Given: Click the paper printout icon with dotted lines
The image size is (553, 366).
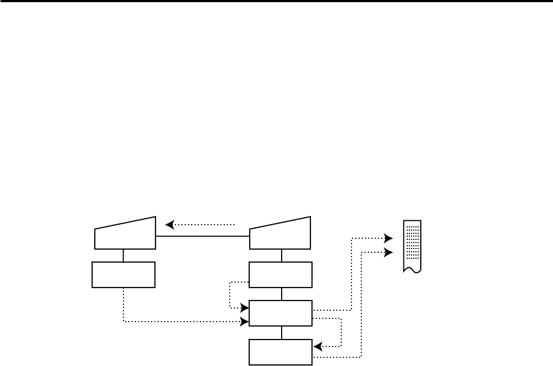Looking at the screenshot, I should (412, 246).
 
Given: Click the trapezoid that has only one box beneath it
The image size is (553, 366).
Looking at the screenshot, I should (125, 234).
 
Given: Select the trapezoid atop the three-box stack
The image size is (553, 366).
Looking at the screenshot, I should (280, 234).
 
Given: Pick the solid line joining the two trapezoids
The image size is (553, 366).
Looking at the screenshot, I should (202, 237).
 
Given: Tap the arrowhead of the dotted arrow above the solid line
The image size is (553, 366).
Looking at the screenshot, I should (169, 224).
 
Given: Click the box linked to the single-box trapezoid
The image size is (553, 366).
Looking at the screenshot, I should (123, 274).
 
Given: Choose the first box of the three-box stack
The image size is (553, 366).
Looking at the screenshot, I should (280, 274).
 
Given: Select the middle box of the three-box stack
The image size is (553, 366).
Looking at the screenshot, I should (280, 313).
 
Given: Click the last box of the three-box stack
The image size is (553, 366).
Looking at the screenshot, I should (280, 352).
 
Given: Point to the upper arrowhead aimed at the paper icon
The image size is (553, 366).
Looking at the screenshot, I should (388, 238).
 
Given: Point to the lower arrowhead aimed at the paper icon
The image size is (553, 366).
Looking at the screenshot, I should (388, 252).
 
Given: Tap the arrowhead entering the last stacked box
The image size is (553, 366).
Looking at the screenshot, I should (317, 346).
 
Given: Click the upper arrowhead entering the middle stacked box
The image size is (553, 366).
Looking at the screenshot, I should (245, 308).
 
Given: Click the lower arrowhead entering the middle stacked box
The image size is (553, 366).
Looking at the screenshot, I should (245, 322).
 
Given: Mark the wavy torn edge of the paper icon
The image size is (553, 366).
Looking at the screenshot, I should (412, 270).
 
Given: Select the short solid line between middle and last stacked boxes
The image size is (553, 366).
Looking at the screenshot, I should (281, 332).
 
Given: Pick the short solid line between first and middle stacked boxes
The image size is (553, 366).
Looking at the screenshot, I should (281, 294).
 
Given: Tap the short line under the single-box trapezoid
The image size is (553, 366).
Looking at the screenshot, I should (123, 256).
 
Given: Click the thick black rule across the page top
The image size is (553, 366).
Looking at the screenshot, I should (276, 2).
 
